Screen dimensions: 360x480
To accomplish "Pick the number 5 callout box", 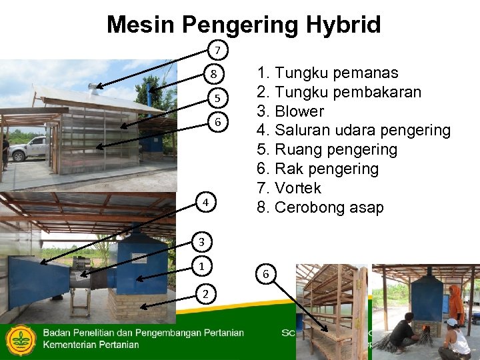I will (x=217, y=99).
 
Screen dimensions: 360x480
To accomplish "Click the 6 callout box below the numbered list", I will (x=265, y=274).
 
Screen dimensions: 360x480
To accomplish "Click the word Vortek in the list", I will (x=297, y=188).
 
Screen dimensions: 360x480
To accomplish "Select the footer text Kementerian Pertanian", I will (x=91, y=345).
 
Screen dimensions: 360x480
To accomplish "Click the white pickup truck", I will (x=29, y=148).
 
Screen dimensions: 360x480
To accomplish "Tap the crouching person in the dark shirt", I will (x=404, y=332).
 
